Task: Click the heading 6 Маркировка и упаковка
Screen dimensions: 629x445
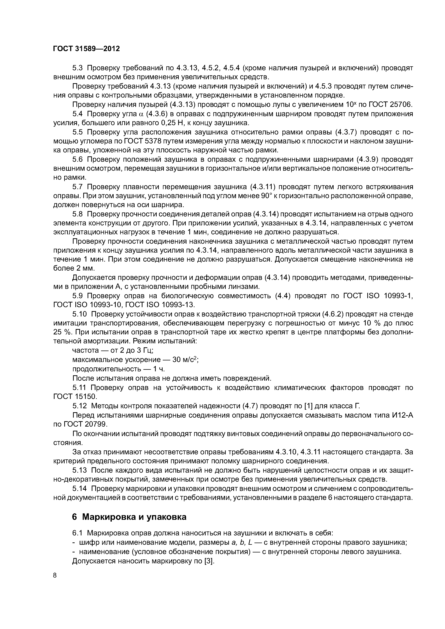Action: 129,517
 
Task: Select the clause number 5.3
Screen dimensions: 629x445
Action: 78,68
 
